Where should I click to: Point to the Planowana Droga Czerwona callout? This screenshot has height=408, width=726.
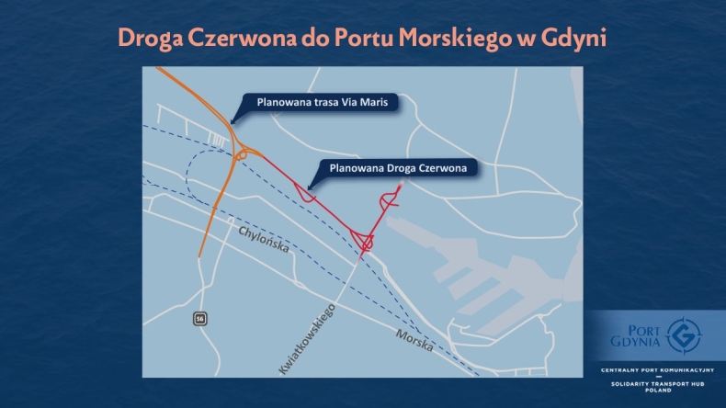[398, 168]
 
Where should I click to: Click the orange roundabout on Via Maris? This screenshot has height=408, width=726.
[244, 155]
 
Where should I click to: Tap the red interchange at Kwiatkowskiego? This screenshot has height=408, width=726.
[365, 243]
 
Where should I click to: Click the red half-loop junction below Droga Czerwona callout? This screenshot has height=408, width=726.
[306, 194]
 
